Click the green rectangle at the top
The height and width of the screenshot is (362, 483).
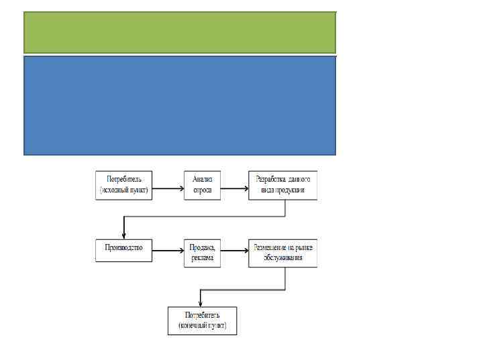point(179,32)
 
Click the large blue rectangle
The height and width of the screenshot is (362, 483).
point(179,105)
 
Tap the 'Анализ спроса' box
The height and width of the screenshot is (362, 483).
point(203,184)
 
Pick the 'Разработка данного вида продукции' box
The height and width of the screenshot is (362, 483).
point(282,185)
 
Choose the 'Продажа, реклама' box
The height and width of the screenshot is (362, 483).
point(203,252)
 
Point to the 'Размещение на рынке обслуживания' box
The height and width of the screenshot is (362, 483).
point(282,252)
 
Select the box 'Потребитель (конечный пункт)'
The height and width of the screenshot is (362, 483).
point(202,320)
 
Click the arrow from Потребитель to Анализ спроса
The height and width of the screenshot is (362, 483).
point(168,188)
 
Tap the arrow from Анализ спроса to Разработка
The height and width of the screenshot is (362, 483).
point(234,188)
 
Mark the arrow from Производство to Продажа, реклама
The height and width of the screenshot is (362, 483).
point(168,250)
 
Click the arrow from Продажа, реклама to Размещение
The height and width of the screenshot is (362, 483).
point(234,250)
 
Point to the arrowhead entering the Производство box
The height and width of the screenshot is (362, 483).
point(123,234)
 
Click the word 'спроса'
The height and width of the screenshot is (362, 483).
point(203,190)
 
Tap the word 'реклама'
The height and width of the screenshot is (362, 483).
point(203,257)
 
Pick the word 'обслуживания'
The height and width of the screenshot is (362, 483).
point(282,257)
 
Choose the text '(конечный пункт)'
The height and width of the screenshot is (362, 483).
point(202,326)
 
